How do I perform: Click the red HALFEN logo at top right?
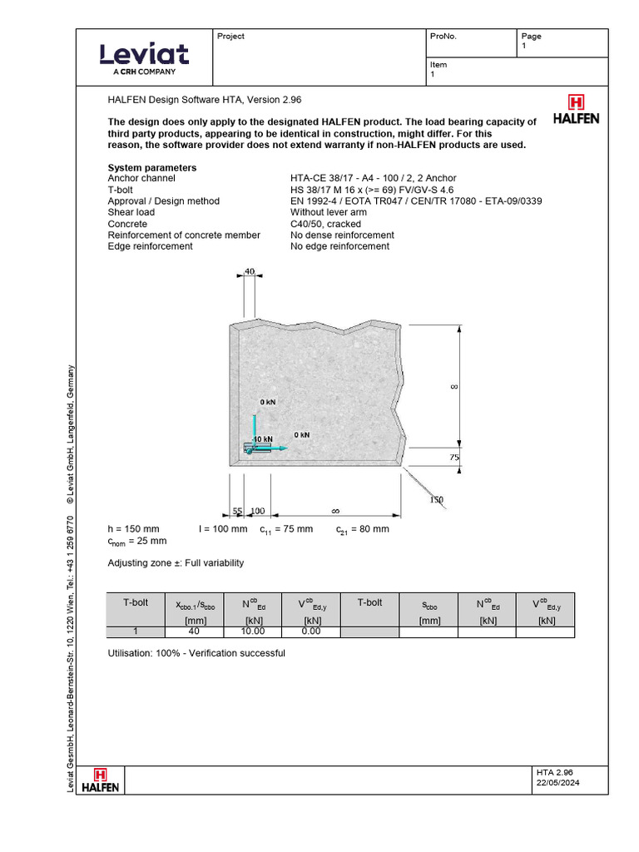(x=576, y=108)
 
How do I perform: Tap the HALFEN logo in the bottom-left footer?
(x=106, y=780)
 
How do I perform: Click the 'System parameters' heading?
(x=152, y=167)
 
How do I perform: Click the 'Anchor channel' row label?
(x=141, y=178)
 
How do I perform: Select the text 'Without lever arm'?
(x=329, y=212)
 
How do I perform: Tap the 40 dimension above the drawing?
(x=250, y=271)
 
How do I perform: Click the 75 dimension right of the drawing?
(x=454, y=457)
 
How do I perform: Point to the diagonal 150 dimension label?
(x=436, y=499)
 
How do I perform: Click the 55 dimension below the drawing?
(x=236, y=510)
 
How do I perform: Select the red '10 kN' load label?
(x=262, y=438)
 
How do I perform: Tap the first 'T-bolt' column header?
(x=135, y=602)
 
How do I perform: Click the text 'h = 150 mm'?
(x=133, y=529)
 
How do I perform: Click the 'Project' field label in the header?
(x=230, y=37)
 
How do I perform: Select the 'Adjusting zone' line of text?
(x=176, y=563)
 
